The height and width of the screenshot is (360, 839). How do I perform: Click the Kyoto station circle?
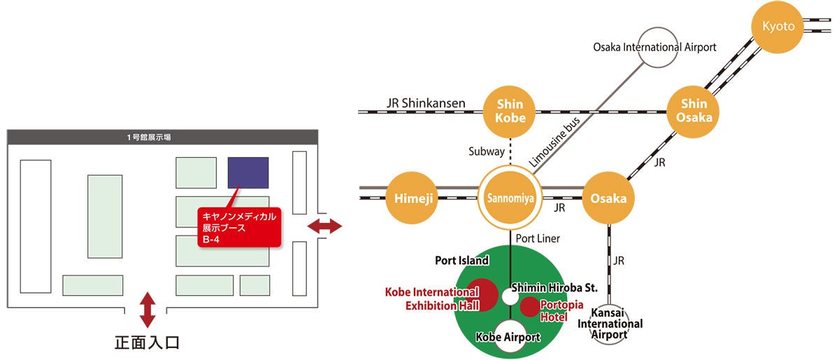pos(777,27)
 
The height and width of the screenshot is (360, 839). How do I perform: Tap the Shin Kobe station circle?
pos(510,112)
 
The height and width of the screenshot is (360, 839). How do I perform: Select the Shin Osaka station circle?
pos(694,112)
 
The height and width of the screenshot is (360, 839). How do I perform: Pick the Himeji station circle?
pos(412,198)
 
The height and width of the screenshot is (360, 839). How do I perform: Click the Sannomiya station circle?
pos(510,198)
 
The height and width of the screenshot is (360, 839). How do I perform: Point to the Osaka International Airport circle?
pos(658,48)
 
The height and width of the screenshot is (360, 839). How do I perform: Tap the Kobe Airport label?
pos(508,337)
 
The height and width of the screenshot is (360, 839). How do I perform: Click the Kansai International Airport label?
pos(610,324)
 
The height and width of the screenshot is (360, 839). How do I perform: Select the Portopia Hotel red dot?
pos(530,307)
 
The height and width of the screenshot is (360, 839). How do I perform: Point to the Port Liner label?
pos(538,238)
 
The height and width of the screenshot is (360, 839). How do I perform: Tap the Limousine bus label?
pos(554,142)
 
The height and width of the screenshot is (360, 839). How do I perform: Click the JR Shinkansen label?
pos(426,103)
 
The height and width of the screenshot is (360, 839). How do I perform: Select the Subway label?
pos(487,152)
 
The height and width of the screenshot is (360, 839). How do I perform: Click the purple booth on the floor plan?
pos(248,173)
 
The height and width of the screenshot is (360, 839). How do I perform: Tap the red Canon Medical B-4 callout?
pos(239,227)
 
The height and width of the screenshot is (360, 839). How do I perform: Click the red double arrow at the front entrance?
pos(148,310)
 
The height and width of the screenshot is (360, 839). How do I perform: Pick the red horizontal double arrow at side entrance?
pos(324,226)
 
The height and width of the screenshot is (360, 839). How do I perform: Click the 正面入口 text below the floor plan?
pos(148,343)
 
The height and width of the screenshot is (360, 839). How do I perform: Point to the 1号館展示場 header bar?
pos(162,137)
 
